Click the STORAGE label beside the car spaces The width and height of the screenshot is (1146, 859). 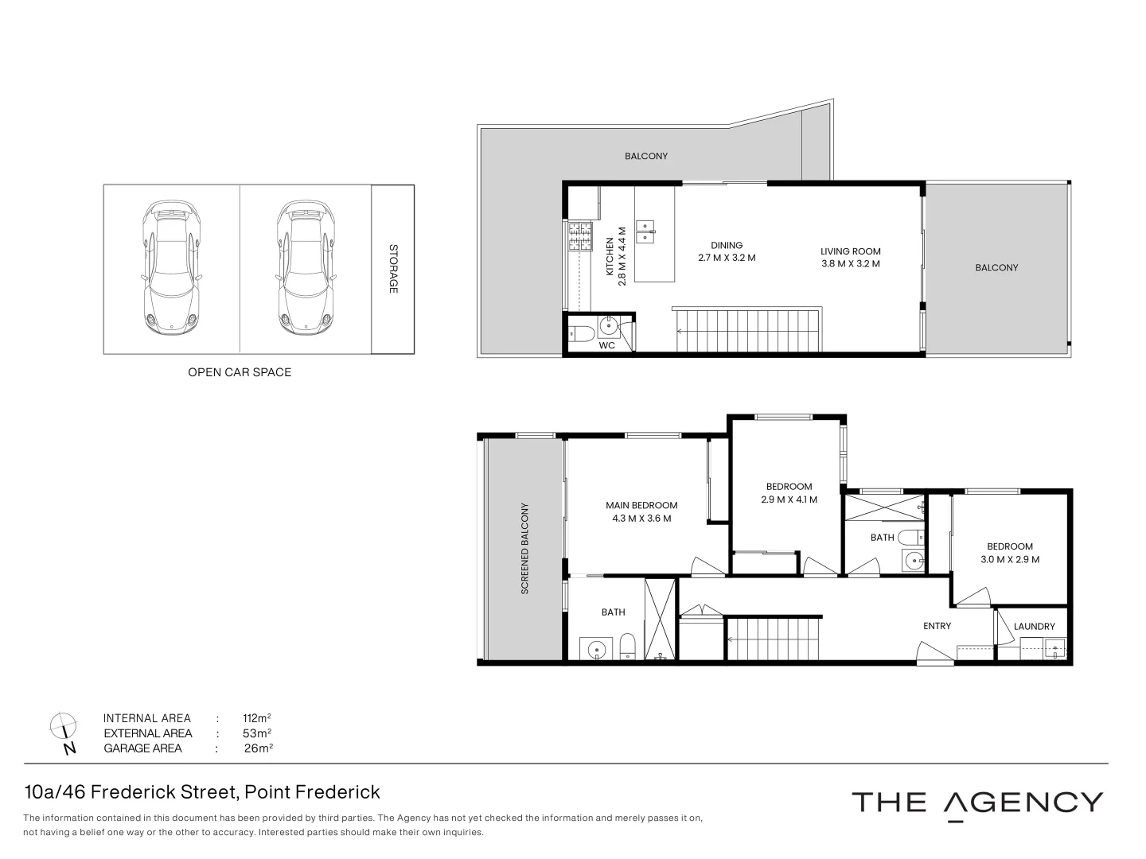(393, 269)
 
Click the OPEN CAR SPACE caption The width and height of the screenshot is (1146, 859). (240, 372)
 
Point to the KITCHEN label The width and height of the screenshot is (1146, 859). (611, 256)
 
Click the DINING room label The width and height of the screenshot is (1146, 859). (727, 245)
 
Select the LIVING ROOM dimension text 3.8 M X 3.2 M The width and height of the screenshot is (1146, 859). (851, 263)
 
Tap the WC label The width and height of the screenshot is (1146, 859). (607, 345)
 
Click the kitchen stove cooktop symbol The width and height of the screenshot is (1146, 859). (580, 236)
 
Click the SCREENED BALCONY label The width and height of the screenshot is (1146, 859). (524, 549)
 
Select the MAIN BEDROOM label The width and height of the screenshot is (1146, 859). (641, 505)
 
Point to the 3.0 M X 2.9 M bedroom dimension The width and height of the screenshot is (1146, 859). (1010, 559)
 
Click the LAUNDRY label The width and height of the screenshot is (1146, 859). (1035, 627)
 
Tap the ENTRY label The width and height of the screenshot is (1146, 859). (937, 626)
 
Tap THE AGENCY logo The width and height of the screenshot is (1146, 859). (977, 803)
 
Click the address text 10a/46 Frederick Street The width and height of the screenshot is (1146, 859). (131, 792)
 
